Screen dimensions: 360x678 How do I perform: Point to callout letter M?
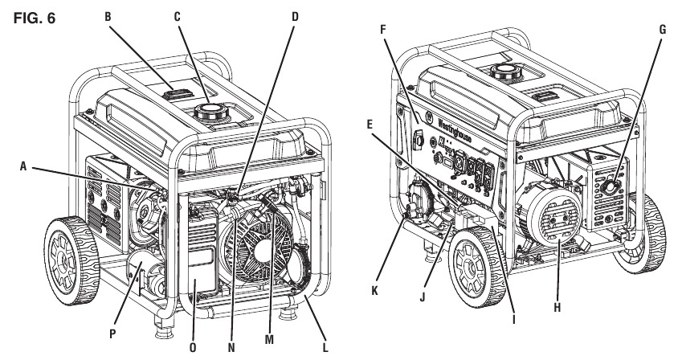[x=270, y=340]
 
